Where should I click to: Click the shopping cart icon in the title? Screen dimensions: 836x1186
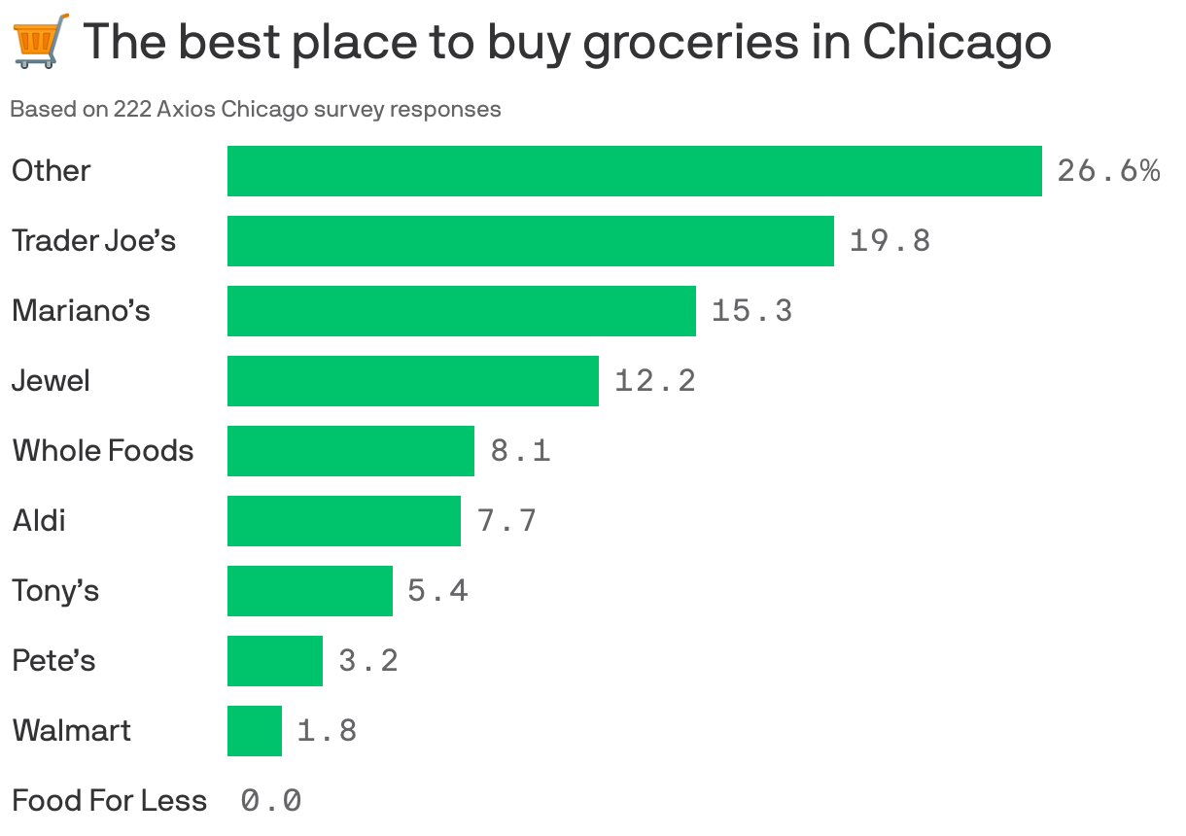pos(41,40)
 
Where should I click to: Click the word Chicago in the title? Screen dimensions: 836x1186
pos(957,42)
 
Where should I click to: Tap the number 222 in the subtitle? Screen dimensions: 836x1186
pos(132,109)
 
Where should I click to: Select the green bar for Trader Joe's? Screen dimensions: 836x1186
pos(530,240)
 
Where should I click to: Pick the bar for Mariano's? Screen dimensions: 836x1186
pos(461,310)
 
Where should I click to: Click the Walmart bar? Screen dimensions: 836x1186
pos(254,730)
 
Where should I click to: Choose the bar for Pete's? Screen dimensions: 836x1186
pos(274,660)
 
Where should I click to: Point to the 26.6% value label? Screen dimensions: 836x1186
pos(1107,171)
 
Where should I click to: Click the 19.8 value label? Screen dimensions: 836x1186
pos(889,240)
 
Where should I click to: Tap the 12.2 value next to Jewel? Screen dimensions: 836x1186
pos(654,380)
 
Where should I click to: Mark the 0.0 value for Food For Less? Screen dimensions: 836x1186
pos(270,800)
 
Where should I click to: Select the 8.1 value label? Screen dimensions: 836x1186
pos(520,450)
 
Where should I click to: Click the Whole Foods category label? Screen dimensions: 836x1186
pos(102,450)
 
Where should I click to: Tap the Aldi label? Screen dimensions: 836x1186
pos(39,520)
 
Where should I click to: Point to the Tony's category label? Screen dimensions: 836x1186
pos(55,590)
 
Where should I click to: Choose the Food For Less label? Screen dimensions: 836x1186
pos(109,800)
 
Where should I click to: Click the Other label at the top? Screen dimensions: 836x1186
pos(51,170)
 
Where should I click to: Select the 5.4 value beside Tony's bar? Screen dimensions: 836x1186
pos(437,590)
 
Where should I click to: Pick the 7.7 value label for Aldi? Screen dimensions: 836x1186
pos(506,520)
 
